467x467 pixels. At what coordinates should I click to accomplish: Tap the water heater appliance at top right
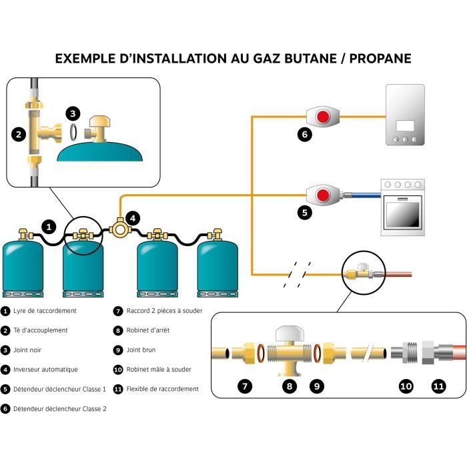click(x=405, y=115)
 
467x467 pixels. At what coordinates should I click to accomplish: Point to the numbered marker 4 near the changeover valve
click(x=133, y=217)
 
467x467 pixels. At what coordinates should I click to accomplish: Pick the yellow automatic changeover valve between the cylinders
click(x=121, y=229)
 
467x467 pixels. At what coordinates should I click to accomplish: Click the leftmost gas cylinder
click(x=25, y=267)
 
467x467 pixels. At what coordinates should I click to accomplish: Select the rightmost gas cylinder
click(x=215, y=267)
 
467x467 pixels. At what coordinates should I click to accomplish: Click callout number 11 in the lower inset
click(x=437, y=386)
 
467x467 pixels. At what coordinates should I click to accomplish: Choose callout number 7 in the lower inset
click(x=245, y=386)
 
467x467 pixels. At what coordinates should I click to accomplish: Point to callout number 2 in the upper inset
click(x=19, y=134)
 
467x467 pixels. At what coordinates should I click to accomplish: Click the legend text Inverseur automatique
click(x=45, y=369)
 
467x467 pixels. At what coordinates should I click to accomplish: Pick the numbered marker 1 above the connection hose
click(x=48, y=227)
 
